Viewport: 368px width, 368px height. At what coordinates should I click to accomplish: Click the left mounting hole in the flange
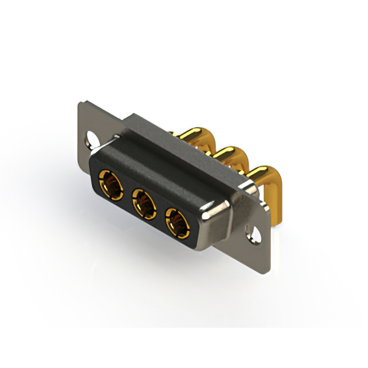click(91, 138)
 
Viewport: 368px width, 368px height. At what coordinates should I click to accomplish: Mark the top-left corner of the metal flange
click(80, 103)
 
